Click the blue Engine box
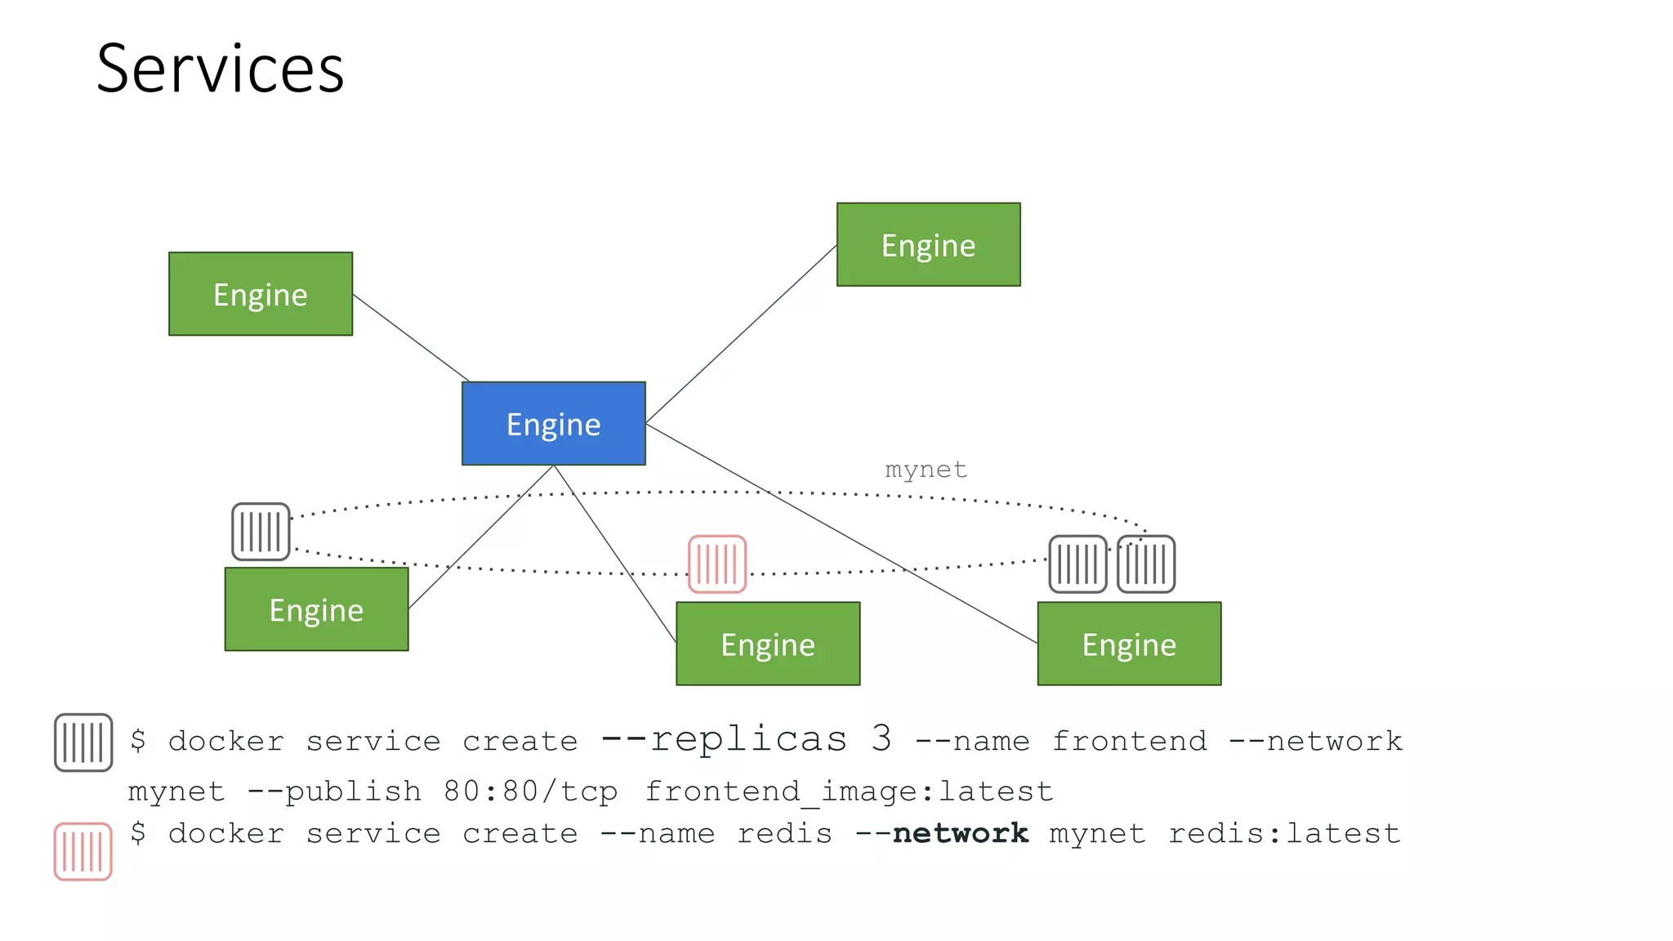(x=553, y=423)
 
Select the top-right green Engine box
(x=928, y=244)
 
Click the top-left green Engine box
(x=260, y=293)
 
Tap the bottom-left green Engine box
(x=316, y=609)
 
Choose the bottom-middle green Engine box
(x=767, y=644)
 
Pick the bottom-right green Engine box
(x=1128, y=644)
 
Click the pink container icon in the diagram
(x=716, y=564)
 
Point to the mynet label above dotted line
(x=926, y=470)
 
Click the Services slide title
(x=220, y=69)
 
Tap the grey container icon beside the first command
(x=83, y=742)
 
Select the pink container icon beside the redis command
(x=83, y=851)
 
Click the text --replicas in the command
(x=724, y=738)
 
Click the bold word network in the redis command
(x=960, y=833)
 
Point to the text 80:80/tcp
(x=530, y=791)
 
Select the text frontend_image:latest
(x=849, y=791)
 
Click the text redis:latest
(x=1284, y=833)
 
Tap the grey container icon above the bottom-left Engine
(x=261, y=532)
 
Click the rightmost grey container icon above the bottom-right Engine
(x=1146, y=564)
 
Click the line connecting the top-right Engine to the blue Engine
(x=741, y=333)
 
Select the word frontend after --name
(x=1129, y=741)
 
